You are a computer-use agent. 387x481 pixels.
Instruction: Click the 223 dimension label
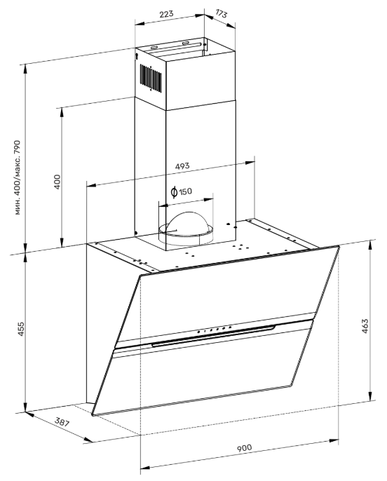(x=166, y=15)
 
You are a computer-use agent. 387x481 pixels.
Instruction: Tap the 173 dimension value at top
(x=222, y=13)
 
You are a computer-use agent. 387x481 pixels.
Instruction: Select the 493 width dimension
(x=182, y=167)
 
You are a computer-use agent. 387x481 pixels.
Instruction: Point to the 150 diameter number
(x=186, y=192)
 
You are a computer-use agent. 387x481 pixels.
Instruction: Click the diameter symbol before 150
(x=174, y=192)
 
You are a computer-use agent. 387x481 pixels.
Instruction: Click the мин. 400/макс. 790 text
(x=18, y=177)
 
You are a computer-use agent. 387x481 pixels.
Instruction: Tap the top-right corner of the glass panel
(x=339, y=246)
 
